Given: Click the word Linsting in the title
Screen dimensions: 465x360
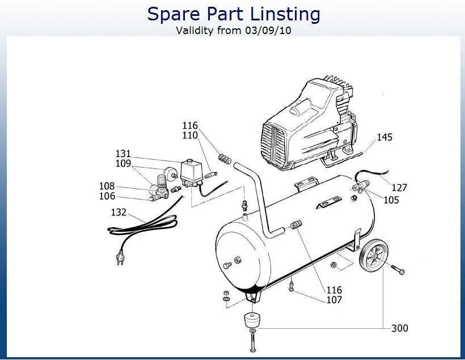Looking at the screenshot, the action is click(x=285, y=15).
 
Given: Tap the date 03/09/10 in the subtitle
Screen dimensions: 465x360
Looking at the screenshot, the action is click(x=268, y=31).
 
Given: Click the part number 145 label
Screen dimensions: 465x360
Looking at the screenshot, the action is click(x=384, y=137).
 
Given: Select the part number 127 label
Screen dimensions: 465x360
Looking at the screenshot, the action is click(x=399, y=188).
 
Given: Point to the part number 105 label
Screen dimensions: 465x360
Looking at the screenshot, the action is click(x=391, y=200).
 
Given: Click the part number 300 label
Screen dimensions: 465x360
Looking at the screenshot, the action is click(x=400, y=328).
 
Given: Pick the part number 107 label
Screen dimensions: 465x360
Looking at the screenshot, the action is click(x=334, y=300).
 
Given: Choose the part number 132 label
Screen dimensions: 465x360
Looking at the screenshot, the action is click(x=119, y=213).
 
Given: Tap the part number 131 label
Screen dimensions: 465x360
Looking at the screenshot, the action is click(x=123, y=154).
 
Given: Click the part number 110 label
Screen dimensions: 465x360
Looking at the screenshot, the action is click(x=190, y=135).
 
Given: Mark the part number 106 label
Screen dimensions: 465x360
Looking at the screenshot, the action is click(x=107, y=196).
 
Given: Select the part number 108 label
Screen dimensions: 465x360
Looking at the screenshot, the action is click(x=107, y=186).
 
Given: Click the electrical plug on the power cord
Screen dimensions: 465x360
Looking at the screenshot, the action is click(x=120, y=257).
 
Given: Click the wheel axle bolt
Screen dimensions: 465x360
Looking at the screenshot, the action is click(x=398, y=269).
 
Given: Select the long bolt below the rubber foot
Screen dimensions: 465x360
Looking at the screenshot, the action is click(x=253, y=342).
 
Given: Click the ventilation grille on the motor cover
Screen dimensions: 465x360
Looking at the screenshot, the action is click(x=273, y=145).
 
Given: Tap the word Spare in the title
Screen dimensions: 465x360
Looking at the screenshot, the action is click(x=174, y=15).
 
